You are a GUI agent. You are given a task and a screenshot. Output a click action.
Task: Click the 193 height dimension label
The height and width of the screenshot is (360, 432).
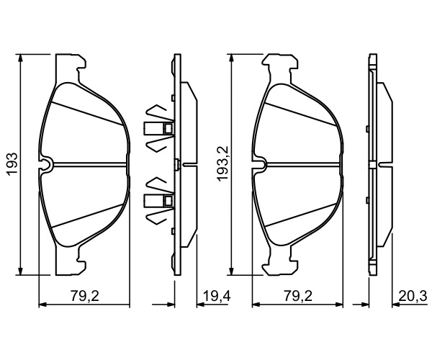tap(12, 164)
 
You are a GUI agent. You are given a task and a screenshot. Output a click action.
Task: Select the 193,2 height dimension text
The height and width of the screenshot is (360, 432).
tap(223, 163)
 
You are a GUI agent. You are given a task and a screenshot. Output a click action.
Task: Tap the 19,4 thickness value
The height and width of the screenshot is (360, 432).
tap(217, 297)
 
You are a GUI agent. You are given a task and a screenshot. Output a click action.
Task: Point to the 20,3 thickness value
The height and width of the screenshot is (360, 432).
tap(413, 297)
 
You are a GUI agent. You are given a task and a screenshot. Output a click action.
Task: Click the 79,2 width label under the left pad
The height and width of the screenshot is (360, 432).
tap(84, 297)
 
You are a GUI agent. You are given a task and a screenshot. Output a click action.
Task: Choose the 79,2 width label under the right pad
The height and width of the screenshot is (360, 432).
tap(298, 297)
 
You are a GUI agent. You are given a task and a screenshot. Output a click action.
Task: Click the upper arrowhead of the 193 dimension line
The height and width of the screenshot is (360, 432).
tap(20, 58)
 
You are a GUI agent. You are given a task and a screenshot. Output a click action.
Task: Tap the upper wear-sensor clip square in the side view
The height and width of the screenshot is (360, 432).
tap(168, 128)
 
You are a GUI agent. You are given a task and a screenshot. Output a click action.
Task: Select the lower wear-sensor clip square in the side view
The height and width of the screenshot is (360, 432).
tap(168, 200)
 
